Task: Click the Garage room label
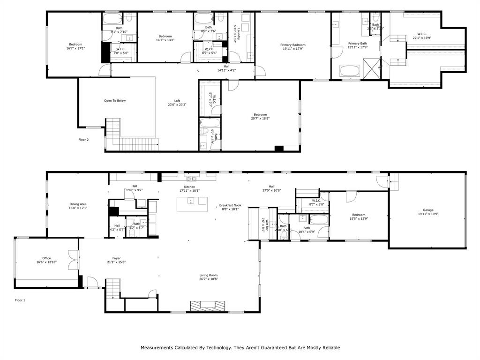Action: pos(427,210)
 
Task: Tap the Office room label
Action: pos(46,258)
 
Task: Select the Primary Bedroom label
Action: pos(293,45)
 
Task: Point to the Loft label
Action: pos(177,101)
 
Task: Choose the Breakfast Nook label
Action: pos(230,205)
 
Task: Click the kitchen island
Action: pos(192,201)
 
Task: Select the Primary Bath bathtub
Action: pos(350,71)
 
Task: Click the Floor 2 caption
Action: pos(83,139)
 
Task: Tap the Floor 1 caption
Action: pos(20,300)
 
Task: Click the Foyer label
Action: pos(116,258)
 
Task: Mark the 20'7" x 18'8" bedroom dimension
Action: pos(260,119)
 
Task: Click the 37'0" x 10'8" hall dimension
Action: pos(271,190)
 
